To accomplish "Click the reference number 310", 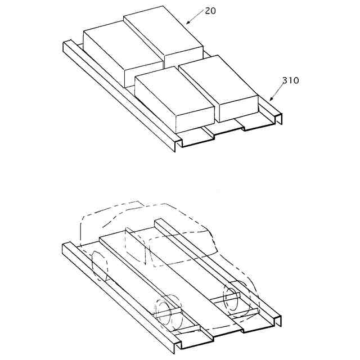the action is (x=291, y=80).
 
